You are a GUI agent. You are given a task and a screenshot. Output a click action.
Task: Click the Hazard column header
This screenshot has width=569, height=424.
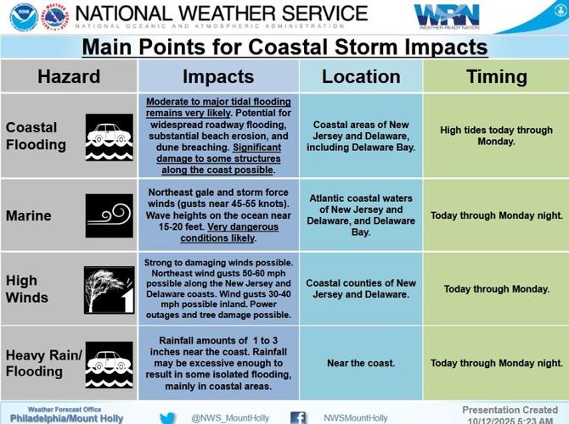(x=69, y=77)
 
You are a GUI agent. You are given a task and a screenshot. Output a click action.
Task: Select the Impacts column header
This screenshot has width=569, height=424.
(x=218, y=77)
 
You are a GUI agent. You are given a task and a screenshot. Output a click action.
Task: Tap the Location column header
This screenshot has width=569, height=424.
(x=361, y=77)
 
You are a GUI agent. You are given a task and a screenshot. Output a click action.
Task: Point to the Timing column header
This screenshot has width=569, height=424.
(x=497, y=77)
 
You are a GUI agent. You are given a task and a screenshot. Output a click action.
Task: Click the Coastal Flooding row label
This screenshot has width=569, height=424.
(x=36, y=136)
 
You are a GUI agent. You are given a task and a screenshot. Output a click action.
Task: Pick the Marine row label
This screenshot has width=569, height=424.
(x=29, y=215)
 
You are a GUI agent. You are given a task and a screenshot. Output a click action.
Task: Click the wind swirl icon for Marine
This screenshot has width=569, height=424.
(x=109, y=215)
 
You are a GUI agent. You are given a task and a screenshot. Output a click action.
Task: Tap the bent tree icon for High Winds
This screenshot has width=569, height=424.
(x=109, y=289)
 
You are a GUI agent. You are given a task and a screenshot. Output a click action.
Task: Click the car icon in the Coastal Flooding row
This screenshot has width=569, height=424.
(x=109, y=137)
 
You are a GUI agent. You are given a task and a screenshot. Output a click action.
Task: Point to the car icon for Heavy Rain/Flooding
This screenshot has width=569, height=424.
(x=109, y=364)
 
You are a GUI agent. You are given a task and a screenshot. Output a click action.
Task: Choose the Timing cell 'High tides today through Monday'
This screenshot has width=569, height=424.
(x=497, y=136)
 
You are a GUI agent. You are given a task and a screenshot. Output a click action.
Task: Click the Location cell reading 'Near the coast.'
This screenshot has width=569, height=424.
(x=361, y=363)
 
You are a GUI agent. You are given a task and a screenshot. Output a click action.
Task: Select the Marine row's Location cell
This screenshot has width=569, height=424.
(x=361, y=215)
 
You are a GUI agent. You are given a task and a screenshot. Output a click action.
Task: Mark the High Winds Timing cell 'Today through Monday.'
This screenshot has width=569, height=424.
(x=497, y=289)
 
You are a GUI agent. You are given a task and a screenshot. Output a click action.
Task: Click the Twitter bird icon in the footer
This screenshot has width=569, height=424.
(x=168, y=417)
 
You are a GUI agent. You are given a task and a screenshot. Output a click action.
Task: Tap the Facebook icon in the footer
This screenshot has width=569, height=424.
(x=298, y=417)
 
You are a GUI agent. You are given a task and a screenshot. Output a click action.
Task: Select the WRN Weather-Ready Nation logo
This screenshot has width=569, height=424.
(x=447, y=16)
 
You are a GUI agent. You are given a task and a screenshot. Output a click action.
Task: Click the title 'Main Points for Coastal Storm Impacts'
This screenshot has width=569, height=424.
(x=284, y=47)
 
